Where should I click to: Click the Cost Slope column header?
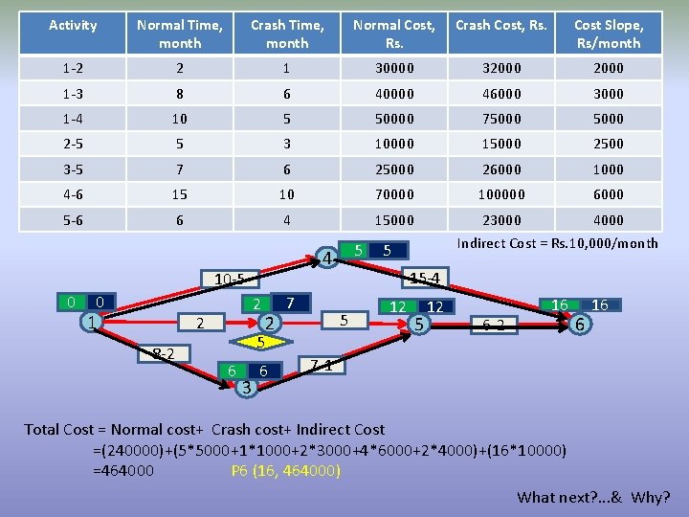(609, 34)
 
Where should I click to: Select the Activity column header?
(73, 25)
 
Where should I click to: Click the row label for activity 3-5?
(73, 169)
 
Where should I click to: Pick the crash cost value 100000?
(501, 194)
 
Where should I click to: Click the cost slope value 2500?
(609, 144)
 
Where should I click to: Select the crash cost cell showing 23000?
(501, 219)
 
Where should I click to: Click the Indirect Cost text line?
(557, 243)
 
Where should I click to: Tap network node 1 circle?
(90, 323)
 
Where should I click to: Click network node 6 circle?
(578, 325)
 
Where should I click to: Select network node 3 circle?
(246, 387)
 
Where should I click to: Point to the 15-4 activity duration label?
(424, 279)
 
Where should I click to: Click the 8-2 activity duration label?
(163, 354)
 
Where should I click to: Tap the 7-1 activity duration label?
(322, 365)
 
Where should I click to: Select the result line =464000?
(123, 471)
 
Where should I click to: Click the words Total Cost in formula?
(58, 430)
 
